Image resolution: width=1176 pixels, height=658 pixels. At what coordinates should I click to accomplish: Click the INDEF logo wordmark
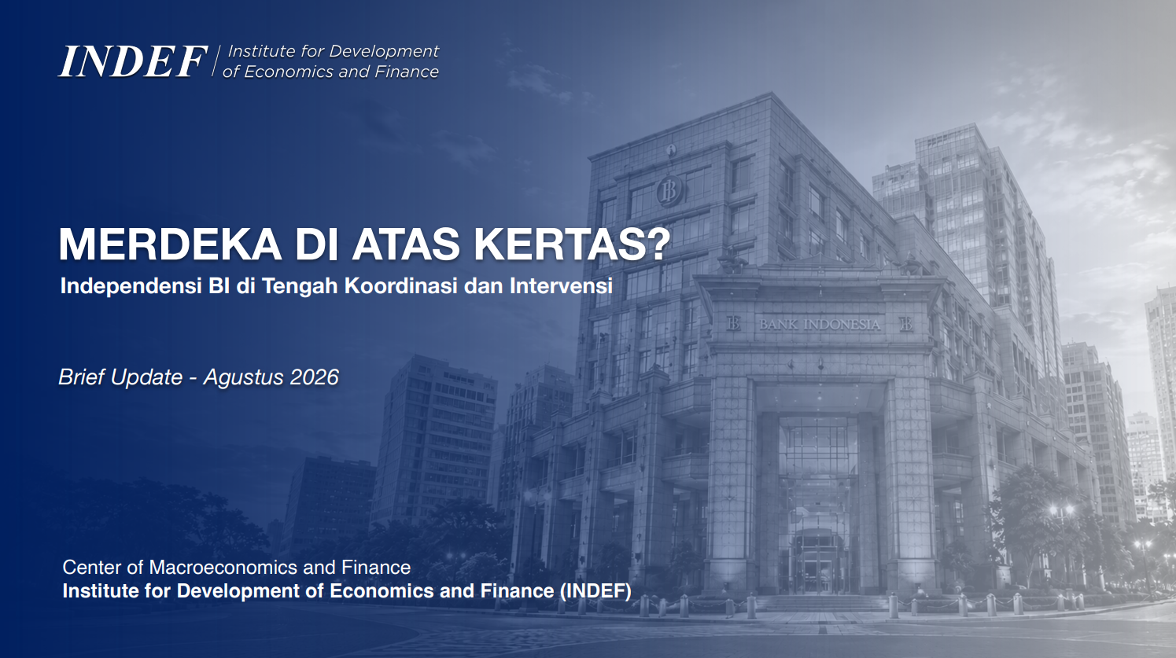point(133,62)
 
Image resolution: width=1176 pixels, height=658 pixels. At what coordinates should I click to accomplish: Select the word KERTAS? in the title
point(572,244)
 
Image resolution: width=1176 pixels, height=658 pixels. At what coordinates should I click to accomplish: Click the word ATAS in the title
point(406,244)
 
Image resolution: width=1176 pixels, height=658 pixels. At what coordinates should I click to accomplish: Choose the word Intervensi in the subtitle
point(561,285)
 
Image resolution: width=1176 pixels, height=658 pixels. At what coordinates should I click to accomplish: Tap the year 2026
point(315,377)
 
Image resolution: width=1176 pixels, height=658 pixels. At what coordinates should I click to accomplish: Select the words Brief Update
point(120,378)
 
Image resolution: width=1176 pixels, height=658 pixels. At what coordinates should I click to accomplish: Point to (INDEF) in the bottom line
point(595,591)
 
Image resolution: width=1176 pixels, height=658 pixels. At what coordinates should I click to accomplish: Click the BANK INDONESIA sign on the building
point(820,324)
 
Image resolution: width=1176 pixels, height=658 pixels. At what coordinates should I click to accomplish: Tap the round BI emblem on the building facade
point(669,190)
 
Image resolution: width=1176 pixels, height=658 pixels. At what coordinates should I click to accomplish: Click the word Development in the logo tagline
point(383,51)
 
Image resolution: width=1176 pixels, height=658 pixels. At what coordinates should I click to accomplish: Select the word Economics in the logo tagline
point(288,72)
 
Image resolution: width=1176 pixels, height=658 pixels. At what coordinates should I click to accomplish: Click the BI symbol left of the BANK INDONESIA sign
point(733,324)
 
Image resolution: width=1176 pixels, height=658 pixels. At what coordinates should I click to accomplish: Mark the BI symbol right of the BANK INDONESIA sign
point(906,324)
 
